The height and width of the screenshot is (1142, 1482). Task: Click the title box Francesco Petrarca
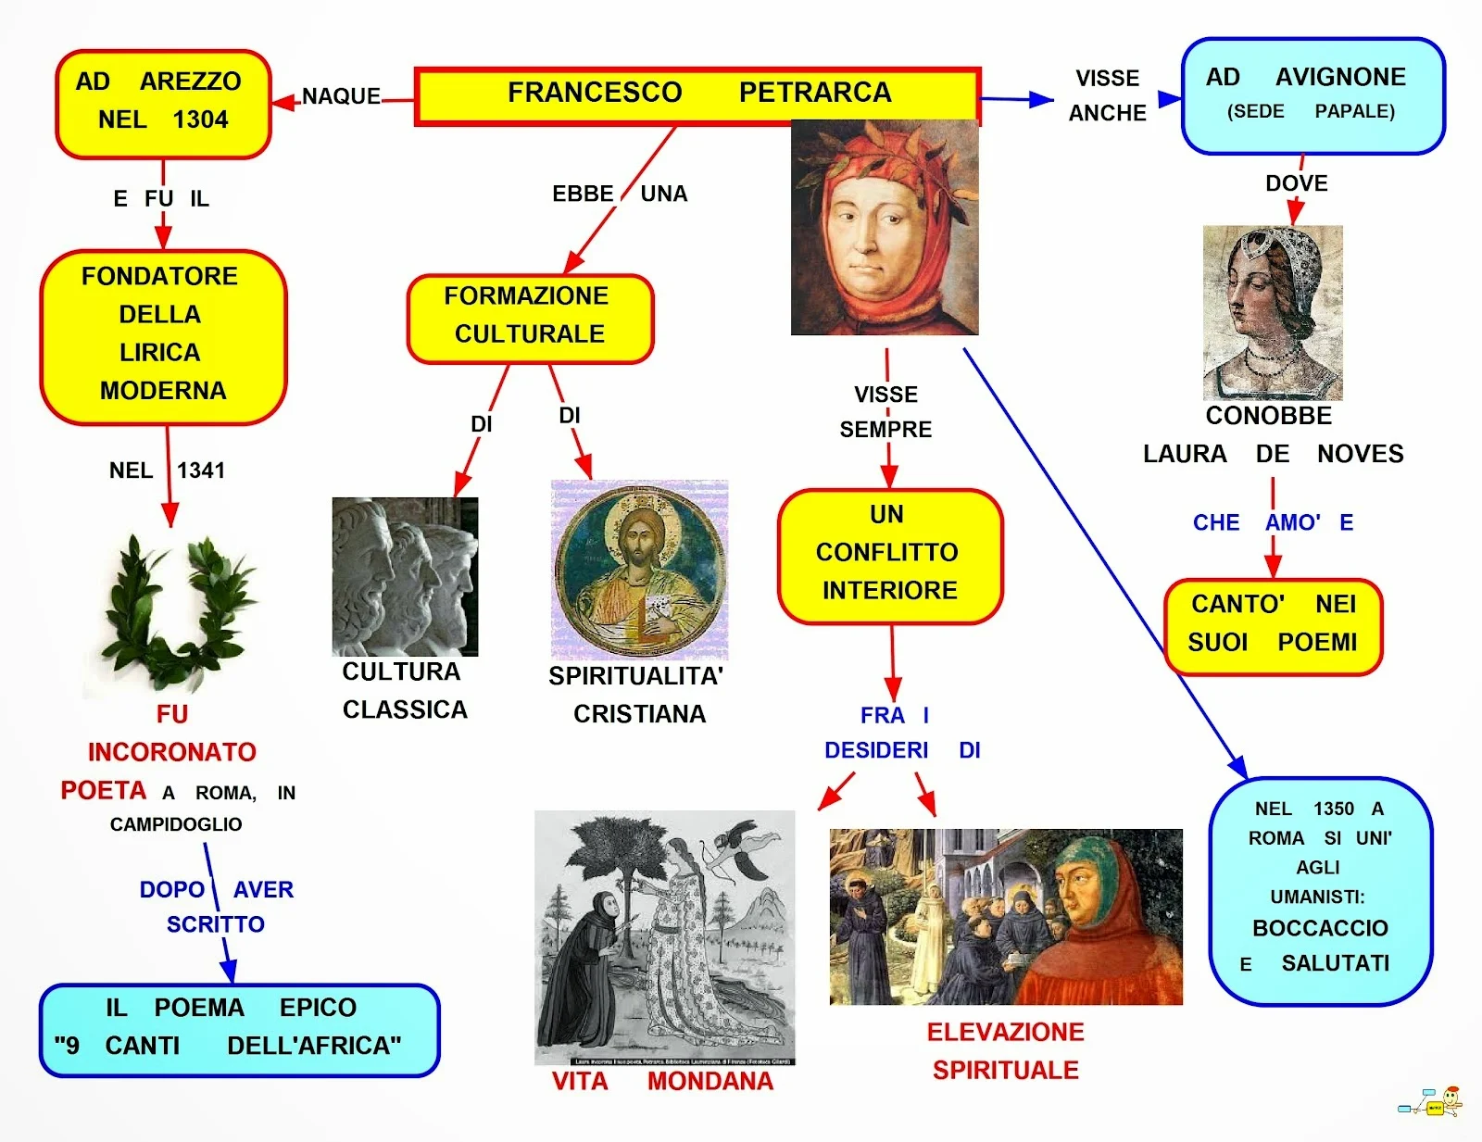point(697,94)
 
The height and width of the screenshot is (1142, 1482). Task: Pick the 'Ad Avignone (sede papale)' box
point(1312,95)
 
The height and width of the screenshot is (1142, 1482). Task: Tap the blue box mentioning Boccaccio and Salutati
point(1320,890)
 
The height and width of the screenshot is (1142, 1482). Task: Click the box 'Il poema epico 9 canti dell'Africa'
point(239,1029)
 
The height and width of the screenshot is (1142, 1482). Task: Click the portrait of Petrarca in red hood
point(885,227)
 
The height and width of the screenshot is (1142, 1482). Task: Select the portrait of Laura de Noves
point(1273,312)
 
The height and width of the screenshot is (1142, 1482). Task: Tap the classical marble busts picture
point(405,576)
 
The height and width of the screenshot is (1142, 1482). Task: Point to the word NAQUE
point(341,96)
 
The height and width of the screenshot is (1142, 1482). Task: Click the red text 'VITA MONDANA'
point(662,1081)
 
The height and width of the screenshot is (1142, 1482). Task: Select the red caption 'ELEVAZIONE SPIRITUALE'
point(1005,1051)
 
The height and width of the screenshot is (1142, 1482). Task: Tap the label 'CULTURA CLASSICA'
point(404,690)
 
